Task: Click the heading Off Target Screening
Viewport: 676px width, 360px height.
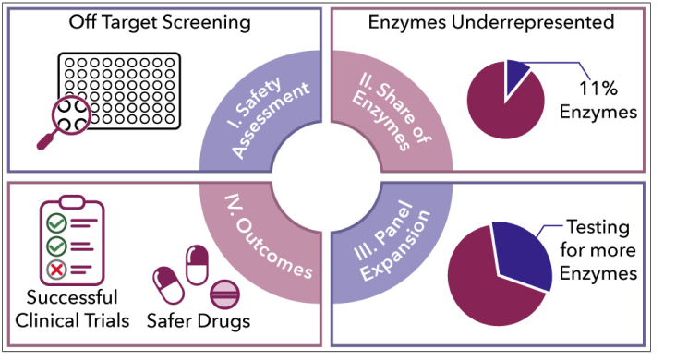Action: click(160, 22)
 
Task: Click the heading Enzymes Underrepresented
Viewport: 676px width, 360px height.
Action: click(491, 22)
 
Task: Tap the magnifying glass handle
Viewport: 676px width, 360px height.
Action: click(46, 140)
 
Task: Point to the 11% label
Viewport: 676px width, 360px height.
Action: click(598, 89)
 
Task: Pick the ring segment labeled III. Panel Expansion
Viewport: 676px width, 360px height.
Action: click(390, 242)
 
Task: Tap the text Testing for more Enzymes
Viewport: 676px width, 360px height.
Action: click(598, 250)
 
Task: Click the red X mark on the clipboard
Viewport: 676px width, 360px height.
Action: click(56, 270)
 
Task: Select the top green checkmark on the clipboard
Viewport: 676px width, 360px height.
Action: click(56, 223)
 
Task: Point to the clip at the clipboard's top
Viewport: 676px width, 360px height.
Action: click(72, 202)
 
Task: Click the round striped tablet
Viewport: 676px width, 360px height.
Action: click(224, 294)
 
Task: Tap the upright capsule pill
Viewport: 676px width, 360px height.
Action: click(197, 265)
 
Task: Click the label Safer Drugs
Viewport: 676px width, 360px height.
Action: click(199, 321)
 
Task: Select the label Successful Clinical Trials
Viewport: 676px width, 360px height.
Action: click(72, 308)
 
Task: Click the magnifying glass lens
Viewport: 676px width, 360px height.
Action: click(71, 114)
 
